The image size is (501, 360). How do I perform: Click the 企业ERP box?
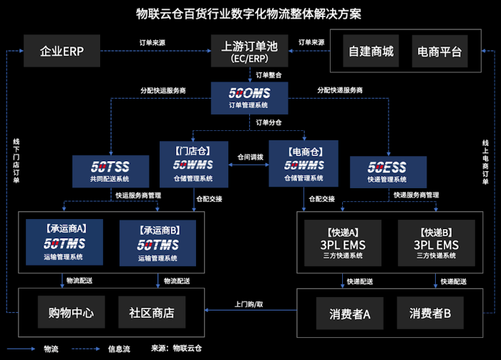64,52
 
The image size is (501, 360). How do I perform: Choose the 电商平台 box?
439,52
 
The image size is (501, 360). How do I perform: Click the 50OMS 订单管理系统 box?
250,98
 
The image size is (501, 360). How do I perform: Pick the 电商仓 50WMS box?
303,163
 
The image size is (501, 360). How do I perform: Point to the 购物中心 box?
66,313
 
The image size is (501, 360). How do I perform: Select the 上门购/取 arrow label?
249,303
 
